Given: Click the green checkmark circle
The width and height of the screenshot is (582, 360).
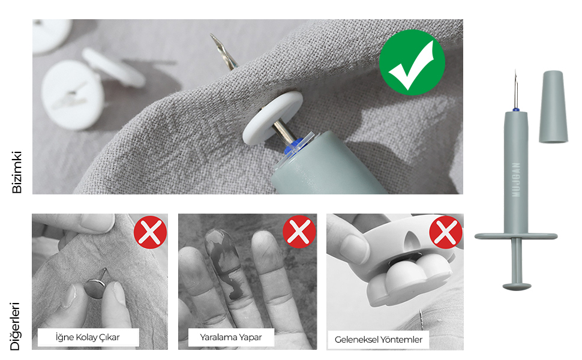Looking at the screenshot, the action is pyautogui.click(x=412, y=62).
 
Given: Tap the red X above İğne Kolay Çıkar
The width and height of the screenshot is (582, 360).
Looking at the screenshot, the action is pyautogui.click(x=151, y=232).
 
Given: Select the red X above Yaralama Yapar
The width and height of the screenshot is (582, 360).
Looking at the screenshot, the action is pyautogui.click(x=299, y=232).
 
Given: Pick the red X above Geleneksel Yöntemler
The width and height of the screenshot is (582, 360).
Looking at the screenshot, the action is pyautogui.click(x=446, y=232).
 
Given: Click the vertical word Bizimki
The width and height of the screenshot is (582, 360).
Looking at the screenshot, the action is pyautogui.click(x=17, y=172).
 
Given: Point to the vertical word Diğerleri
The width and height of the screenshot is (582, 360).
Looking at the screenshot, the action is pyautogui.click(x=15, y=326).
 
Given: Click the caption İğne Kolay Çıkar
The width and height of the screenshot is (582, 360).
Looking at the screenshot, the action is pyautogui.click(x=88, y=337).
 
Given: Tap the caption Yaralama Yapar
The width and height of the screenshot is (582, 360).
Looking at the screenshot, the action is pyautogui.click(x=231, y=337).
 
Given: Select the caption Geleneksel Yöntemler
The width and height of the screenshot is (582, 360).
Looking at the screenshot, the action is pyautogui.click(x=379, y=340).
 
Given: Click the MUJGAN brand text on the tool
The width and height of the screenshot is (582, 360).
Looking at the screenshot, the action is pyautogui.click(x=516, y=179).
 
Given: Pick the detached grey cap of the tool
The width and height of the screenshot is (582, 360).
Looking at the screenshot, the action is pyautogui.click(x=553, y=107).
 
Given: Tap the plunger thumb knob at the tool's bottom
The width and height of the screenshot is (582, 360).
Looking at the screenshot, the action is pyautogui.click(x=517, y=286).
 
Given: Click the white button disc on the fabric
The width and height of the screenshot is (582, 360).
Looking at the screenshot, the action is pyautogui.click(x=272, y=118).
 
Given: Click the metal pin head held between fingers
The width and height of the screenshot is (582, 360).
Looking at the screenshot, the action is pyautogui.click(x=94, y=287).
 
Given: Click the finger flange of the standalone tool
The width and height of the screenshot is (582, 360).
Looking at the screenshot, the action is pyautogui.click(x=516, y=236).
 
